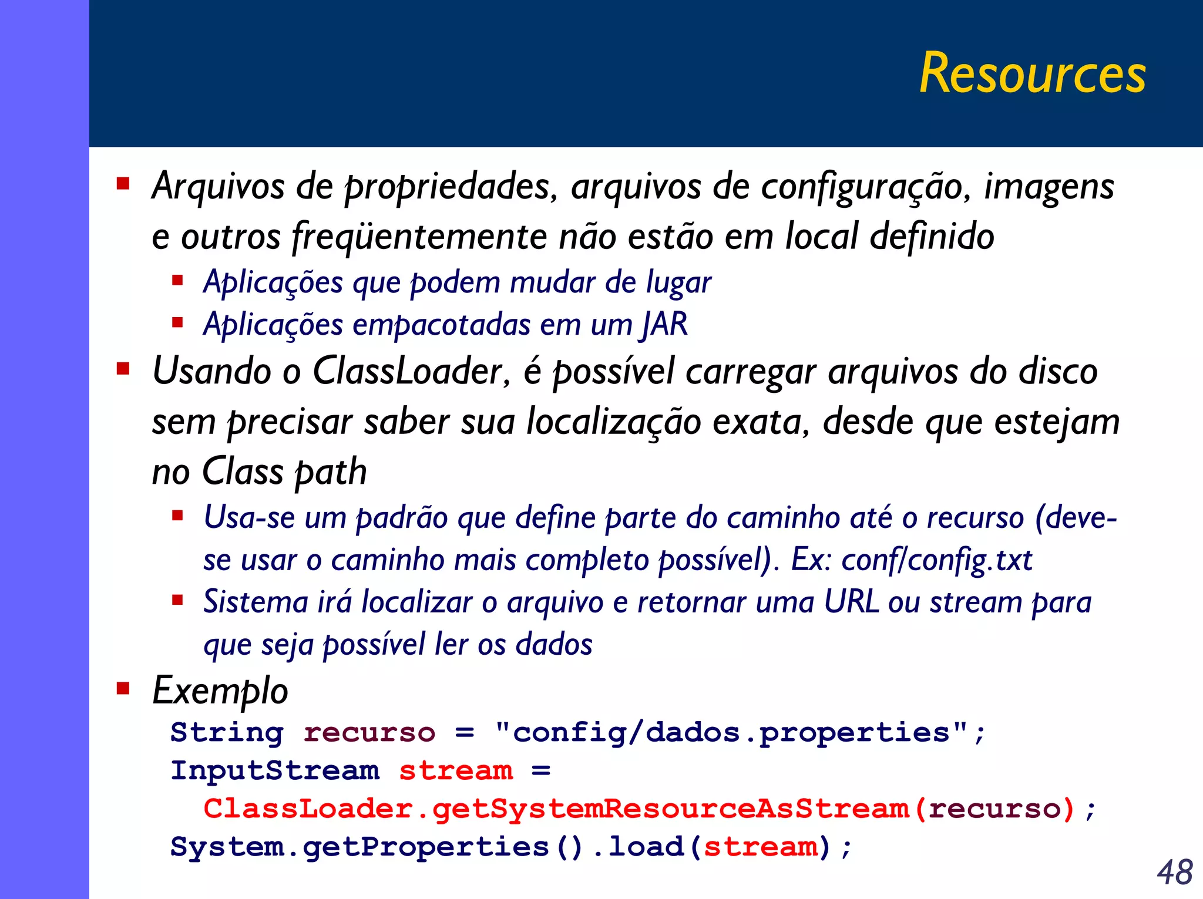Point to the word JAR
[665, 324]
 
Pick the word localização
[614, 422]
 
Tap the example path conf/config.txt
[936, 560]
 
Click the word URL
[851, 602]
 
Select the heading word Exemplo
[220, 691]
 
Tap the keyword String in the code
[227, 733]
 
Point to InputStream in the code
[275, 771]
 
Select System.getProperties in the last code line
[359, 847]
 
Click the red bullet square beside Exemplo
[123, 688]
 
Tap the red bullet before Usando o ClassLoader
[123, 369]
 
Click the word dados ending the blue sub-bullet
[553, 645]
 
